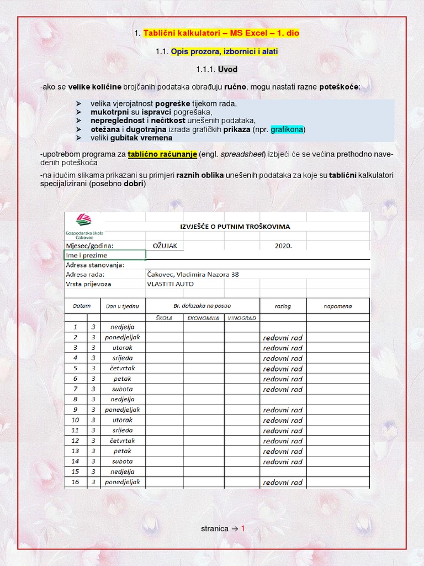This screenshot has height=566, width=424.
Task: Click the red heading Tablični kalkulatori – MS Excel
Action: [221, 33]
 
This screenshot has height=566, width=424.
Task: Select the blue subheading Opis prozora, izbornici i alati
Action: [224, 51]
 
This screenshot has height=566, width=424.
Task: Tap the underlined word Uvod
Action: [227, 70]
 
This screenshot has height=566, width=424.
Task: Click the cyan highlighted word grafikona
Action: [287, 129]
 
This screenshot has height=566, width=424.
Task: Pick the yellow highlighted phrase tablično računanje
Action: [162, 154]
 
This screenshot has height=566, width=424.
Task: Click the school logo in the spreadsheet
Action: [83, 220]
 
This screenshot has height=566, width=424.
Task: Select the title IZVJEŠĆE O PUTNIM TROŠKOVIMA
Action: [235, 227]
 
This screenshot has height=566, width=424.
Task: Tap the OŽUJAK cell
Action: [165, 246]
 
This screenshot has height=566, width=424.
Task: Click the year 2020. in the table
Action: [283, 246]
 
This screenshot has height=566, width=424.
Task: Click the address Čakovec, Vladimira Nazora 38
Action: [193, 274]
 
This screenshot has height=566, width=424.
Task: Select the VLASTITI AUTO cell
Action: [170, 284]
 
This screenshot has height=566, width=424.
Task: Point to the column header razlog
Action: [283, 306]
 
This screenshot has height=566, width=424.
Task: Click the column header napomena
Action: [338, 306]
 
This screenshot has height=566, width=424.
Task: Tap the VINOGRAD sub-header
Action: [242, 318]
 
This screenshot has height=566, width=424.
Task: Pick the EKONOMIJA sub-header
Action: [203, 318]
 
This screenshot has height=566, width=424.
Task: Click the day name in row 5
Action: [122, 368]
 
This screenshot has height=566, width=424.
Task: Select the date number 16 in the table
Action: [76, 482]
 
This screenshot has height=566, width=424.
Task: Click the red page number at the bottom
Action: [242, 529]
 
